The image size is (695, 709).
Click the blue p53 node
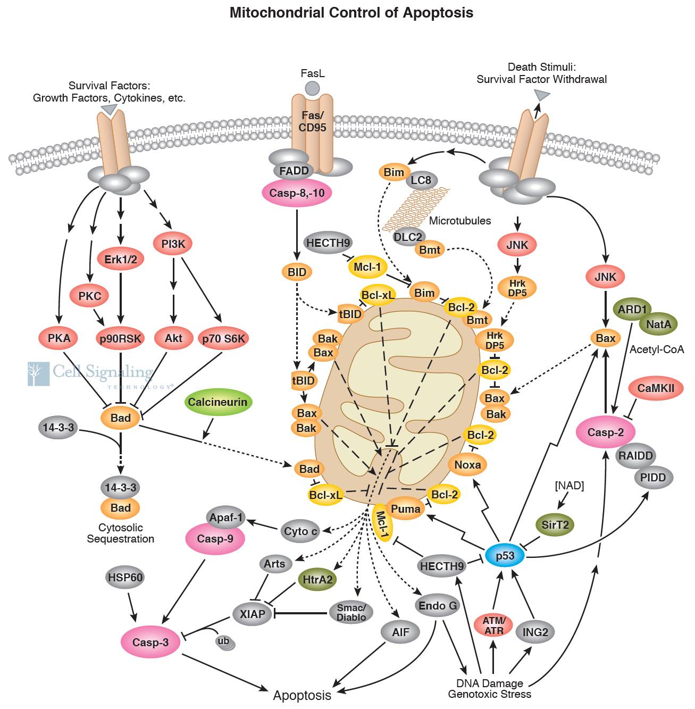click(x=505, y=556)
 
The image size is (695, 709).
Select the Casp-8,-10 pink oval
click(x=297, y=193)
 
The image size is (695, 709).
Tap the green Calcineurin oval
click(x=217, y=402)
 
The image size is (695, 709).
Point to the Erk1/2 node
click(x=121, y=259)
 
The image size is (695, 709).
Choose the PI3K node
click(x=173, y=244)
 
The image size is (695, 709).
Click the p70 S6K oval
click(x=223, y=338)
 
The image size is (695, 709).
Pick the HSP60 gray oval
click(x=125, y=577)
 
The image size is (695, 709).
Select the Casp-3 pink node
click(x=150, y=642)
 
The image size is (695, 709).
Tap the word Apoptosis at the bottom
click(x=302, y=695)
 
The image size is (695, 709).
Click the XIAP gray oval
click(x=252, y=614)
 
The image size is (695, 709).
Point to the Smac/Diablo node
click(x=351, y=612)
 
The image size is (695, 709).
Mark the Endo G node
click(x=438, y=606)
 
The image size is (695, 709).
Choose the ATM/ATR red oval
click(x=494, y=625)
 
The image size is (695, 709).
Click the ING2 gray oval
click(x=535, y=632)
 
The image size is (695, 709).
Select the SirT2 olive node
click(x=555, y=525)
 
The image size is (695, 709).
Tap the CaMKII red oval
click(x=656, y=388)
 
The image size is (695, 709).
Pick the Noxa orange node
click(x=467, y=465)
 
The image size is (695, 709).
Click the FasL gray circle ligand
click(x=312, y=88)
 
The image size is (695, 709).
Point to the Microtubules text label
click(x=460, y=221)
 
